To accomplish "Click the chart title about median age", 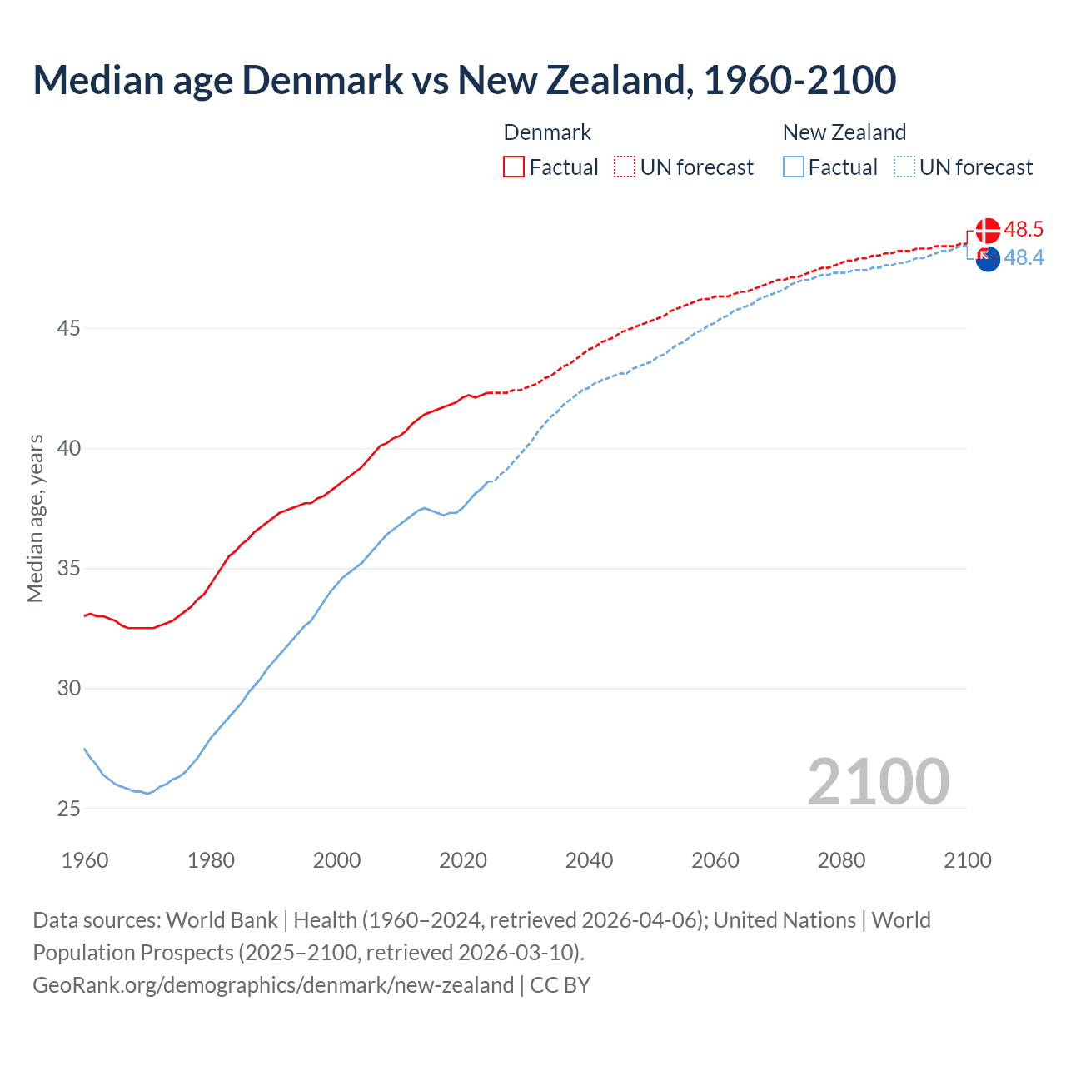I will tap(464, 80).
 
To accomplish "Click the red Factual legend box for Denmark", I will tap(514, 167).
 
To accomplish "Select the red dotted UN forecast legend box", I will tap(625, 167).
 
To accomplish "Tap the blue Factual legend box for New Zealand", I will tap(793, 167).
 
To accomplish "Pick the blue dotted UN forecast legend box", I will tap(904, 167).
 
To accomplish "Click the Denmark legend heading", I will tap(547, 132).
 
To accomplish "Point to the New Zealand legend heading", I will tap(844, 132).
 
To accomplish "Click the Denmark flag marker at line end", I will tap(988, 231).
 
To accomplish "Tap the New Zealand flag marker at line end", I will tap(988, 260).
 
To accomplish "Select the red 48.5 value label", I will tap(1024, 229).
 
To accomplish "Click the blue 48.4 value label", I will tap(1024, 258).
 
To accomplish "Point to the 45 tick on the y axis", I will tap(68, 329).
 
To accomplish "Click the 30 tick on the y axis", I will tap(68, 689).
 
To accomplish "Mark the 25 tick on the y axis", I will tap(68, 809).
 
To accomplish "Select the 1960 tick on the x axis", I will tap(85, 860).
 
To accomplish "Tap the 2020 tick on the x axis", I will tap(463, 860).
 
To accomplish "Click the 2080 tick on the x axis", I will tap(841, 860).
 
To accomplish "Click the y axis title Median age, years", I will tap(35, 518).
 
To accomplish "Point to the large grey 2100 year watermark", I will tap(878, 781).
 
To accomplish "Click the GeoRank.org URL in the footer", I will tap(273, 985).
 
